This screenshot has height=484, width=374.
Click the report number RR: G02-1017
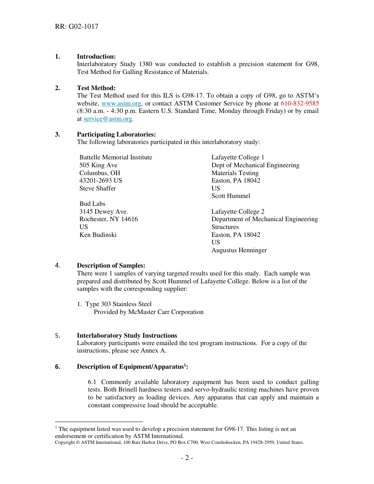click(x=77, y=27)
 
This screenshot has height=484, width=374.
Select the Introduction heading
click(x=96, y=57)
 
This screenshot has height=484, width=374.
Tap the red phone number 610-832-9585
click(x=300, y=103)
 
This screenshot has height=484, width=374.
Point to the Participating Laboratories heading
click(x=116, y=135)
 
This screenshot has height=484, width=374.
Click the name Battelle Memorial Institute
click(x=116, y=157)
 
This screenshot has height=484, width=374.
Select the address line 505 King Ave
click(x=98, y=165)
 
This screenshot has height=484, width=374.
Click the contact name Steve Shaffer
click(x=98, y=188)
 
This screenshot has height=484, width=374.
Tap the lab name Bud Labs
click(x=93, y=204)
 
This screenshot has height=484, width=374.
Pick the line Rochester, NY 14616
click(x=109, y=219)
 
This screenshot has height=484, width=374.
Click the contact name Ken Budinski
click(x=98, y=235)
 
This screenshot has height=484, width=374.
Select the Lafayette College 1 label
click(x=238, y=157)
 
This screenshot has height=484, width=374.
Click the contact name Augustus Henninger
click(x=239, y=250)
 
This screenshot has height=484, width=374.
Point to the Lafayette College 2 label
click(x=238, y=212)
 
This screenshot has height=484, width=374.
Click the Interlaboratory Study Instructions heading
click(x=127, y=336)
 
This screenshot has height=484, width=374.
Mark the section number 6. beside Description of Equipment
click(x=58, y=367)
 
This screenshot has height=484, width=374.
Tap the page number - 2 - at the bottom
click(x=187, y=458)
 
